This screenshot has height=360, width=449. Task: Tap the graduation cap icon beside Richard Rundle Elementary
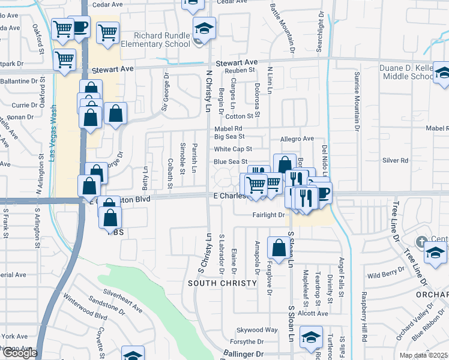(204, 28)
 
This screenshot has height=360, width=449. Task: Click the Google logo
(19, 353)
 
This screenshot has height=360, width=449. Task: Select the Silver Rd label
(396, 161)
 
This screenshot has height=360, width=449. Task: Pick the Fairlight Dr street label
(268, 214)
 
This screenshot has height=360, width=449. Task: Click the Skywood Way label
(257, 330)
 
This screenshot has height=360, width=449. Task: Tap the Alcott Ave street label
(312, 313)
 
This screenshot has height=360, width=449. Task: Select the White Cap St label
(233, 149)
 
